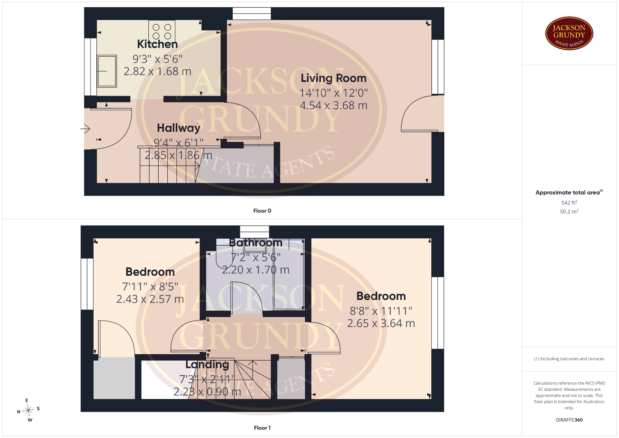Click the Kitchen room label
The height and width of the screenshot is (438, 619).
[157, 44]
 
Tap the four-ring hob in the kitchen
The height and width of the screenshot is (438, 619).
[162, 31]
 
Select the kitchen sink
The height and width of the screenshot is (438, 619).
[107, 71]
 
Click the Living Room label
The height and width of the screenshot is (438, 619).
[334, 78]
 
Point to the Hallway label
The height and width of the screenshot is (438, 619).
[179, 128]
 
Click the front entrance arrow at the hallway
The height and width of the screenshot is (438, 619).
[85, 129]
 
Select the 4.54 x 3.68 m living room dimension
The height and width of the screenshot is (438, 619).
[334, 105]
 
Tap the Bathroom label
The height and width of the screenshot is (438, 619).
[256, 243]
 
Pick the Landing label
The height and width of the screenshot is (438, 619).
[207, 364]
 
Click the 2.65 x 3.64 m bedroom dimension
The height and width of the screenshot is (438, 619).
[381, 324]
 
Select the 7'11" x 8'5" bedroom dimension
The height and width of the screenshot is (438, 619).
[150, 286]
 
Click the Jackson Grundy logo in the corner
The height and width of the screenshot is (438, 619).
[569, 34]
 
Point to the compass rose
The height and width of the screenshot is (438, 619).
[29, 410]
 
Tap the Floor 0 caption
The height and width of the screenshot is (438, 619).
[262, 211]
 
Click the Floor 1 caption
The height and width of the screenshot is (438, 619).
[262, 428]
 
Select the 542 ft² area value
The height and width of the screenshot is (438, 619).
[569, 203]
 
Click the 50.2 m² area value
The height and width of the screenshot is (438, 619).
[569, 211]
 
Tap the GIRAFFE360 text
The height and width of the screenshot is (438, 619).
[569, 420]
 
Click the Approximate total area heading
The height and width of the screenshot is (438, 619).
[569, 192]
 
